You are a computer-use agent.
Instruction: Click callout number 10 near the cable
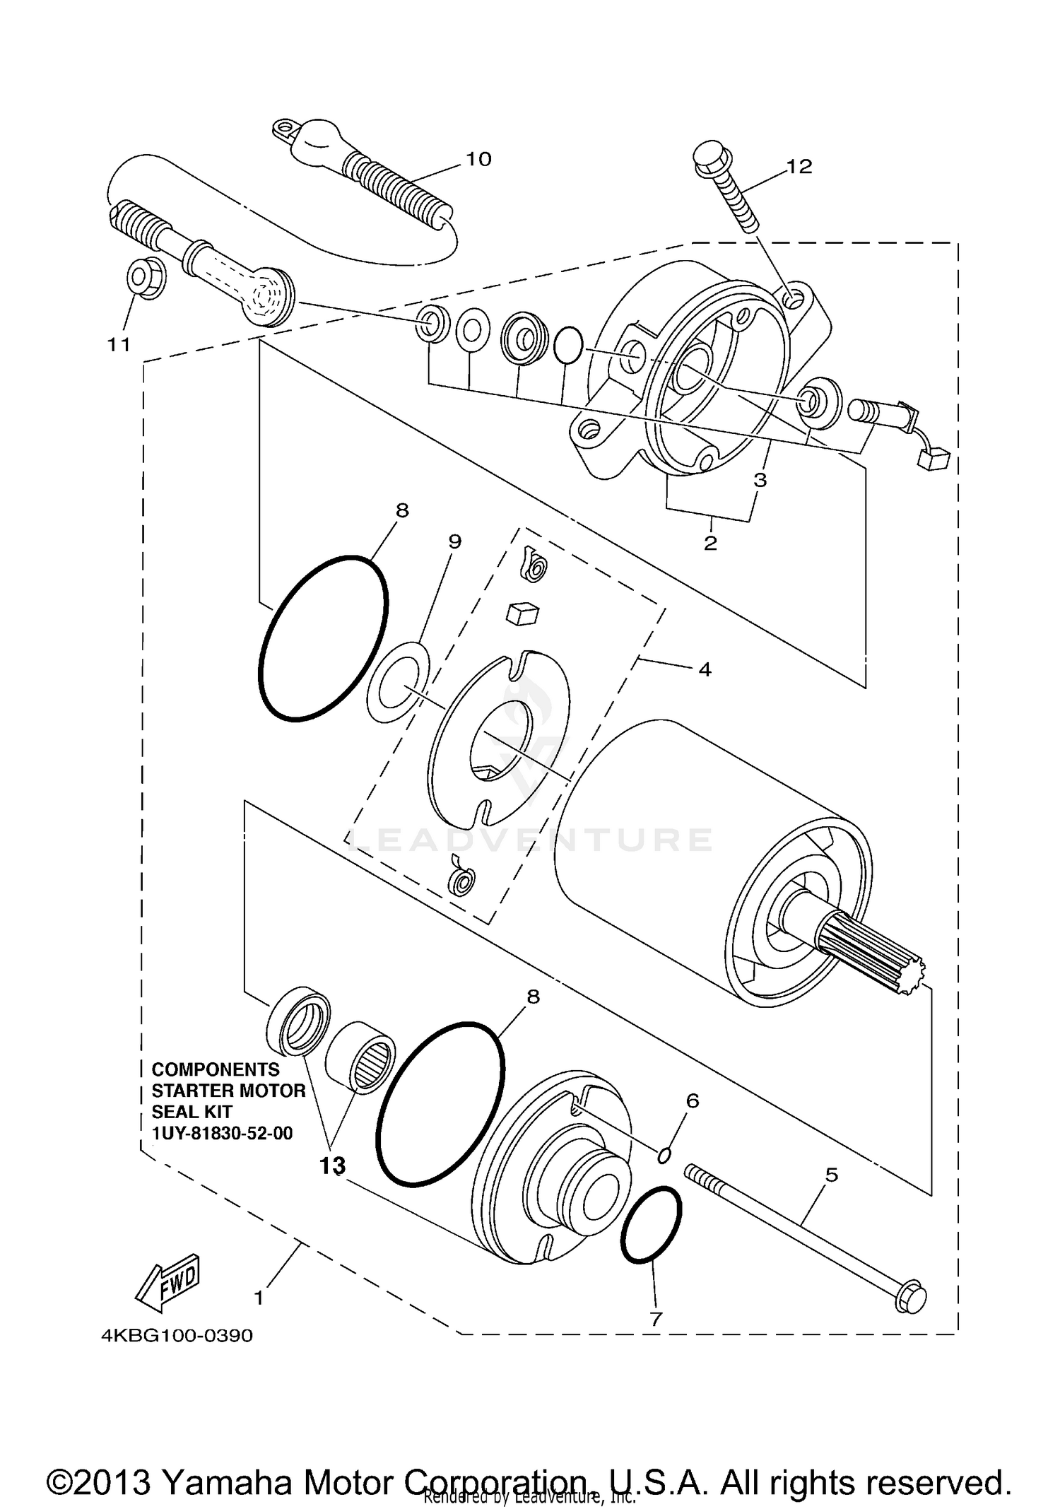pyautogui.click(x=478, y=159)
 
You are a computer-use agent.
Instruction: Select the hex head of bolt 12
pyautogui.click(x=707, y=156)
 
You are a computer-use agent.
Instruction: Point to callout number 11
pyautogui.click(x=119, y=344)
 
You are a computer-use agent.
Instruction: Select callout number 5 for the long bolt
pyautogui.click(x=832, y=1175)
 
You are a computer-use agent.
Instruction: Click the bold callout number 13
pyautogui.click(x=332, y=1165)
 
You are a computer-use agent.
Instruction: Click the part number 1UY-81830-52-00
pyautogui.click(x=222, y=1134)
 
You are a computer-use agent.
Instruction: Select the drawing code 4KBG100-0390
pyautogui.click(x=177, y=1336)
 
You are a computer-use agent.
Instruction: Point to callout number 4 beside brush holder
pyautogui.click(x=704, y=669)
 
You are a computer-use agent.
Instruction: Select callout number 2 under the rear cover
pyautogui.click(x=710, y=543)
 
